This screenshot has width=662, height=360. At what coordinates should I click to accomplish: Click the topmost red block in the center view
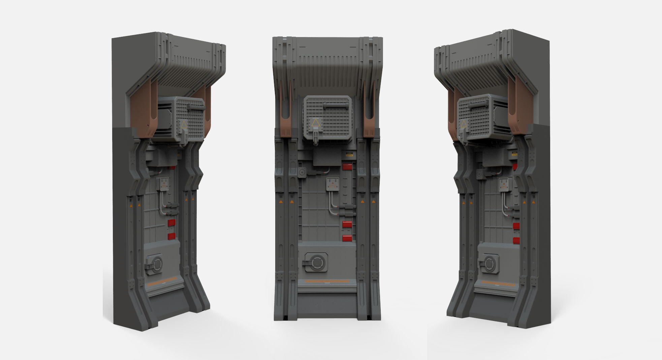point(347,167)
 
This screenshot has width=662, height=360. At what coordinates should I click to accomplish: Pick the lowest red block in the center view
point(347,238)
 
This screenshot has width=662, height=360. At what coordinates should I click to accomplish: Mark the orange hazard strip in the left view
point(162,280)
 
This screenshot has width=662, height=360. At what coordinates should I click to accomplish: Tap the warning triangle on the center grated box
point(315,123)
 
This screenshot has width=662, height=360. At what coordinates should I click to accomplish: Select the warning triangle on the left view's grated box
point(184,124)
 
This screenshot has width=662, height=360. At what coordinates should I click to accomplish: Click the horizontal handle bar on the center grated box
point(336,106)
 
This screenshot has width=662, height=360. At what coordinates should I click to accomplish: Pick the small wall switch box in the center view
point(332,185)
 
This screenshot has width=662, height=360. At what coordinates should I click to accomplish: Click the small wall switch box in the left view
point(164,184)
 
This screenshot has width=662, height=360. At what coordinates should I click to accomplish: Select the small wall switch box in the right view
point(504,184)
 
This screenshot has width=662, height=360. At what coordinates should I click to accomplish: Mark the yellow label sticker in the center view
point(349,155)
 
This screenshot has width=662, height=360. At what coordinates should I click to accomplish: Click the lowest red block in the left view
point(172,236)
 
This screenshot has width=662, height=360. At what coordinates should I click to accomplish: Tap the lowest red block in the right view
point(516,240)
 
